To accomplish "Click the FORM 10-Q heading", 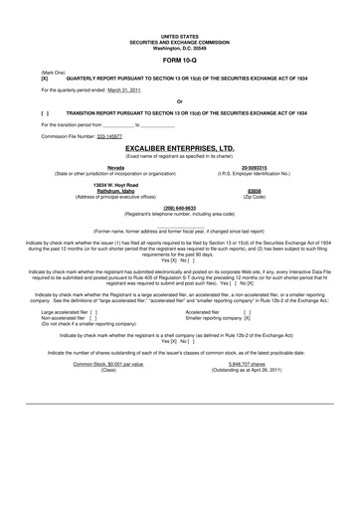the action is pos(179,60).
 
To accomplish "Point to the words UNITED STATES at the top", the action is pos(179,35).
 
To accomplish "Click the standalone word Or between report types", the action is pos(179,101).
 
